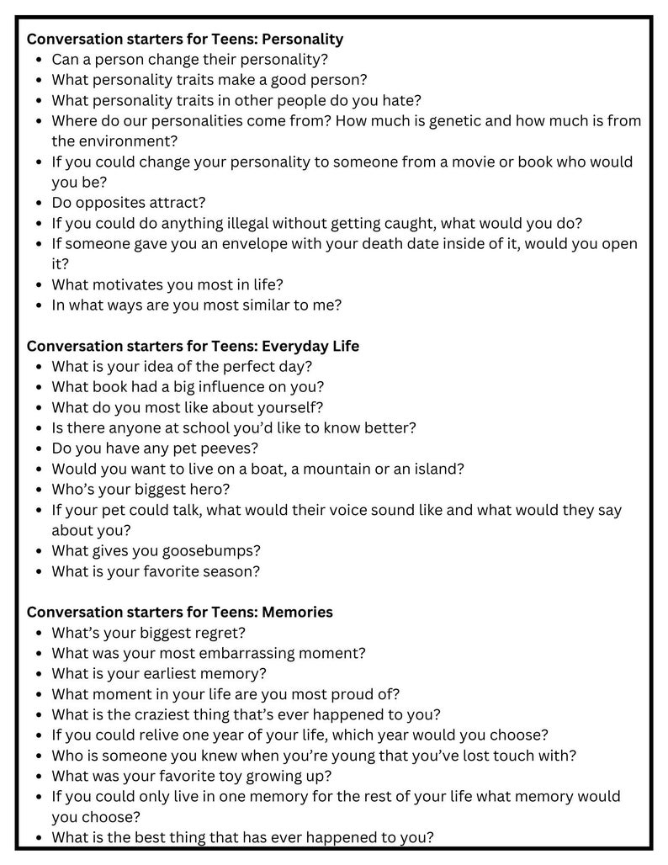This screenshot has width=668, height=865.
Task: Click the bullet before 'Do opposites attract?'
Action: click(x=40, y=203)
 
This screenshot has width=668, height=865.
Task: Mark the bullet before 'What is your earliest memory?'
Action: click(x=40, y=674)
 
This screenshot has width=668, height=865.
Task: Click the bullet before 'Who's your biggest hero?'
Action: click(x=40, y=489)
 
